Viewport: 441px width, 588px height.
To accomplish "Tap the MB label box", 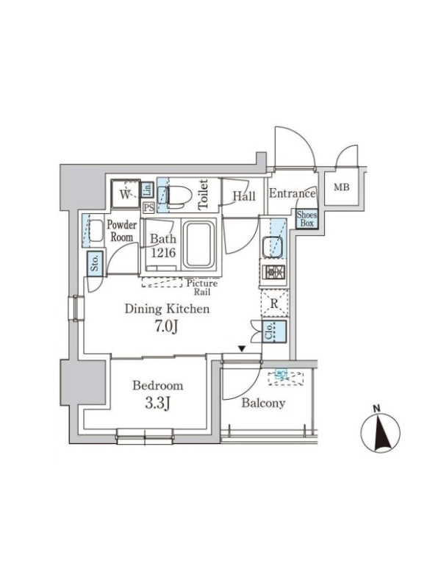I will pos(343,187).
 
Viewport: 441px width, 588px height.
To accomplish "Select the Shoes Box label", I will pos(306,218).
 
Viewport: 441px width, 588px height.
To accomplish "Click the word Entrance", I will pos(292,194).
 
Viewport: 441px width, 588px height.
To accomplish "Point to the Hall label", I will pos(244,196).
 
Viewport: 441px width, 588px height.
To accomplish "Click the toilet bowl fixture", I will pos(179,195).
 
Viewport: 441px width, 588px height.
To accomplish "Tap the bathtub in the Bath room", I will pos(198,245).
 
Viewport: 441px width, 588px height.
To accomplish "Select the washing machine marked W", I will pos(126,195).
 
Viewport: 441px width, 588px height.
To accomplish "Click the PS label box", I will pos(148,207).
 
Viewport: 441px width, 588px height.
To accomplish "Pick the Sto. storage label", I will pos(95,262).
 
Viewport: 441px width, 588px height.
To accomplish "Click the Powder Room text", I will pos(121,231).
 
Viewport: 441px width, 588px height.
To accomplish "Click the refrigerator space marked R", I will pos(273,303).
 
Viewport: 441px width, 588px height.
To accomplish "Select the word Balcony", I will pos(263,403).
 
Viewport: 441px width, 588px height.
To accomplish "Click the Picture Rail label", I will pos(201,287).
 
